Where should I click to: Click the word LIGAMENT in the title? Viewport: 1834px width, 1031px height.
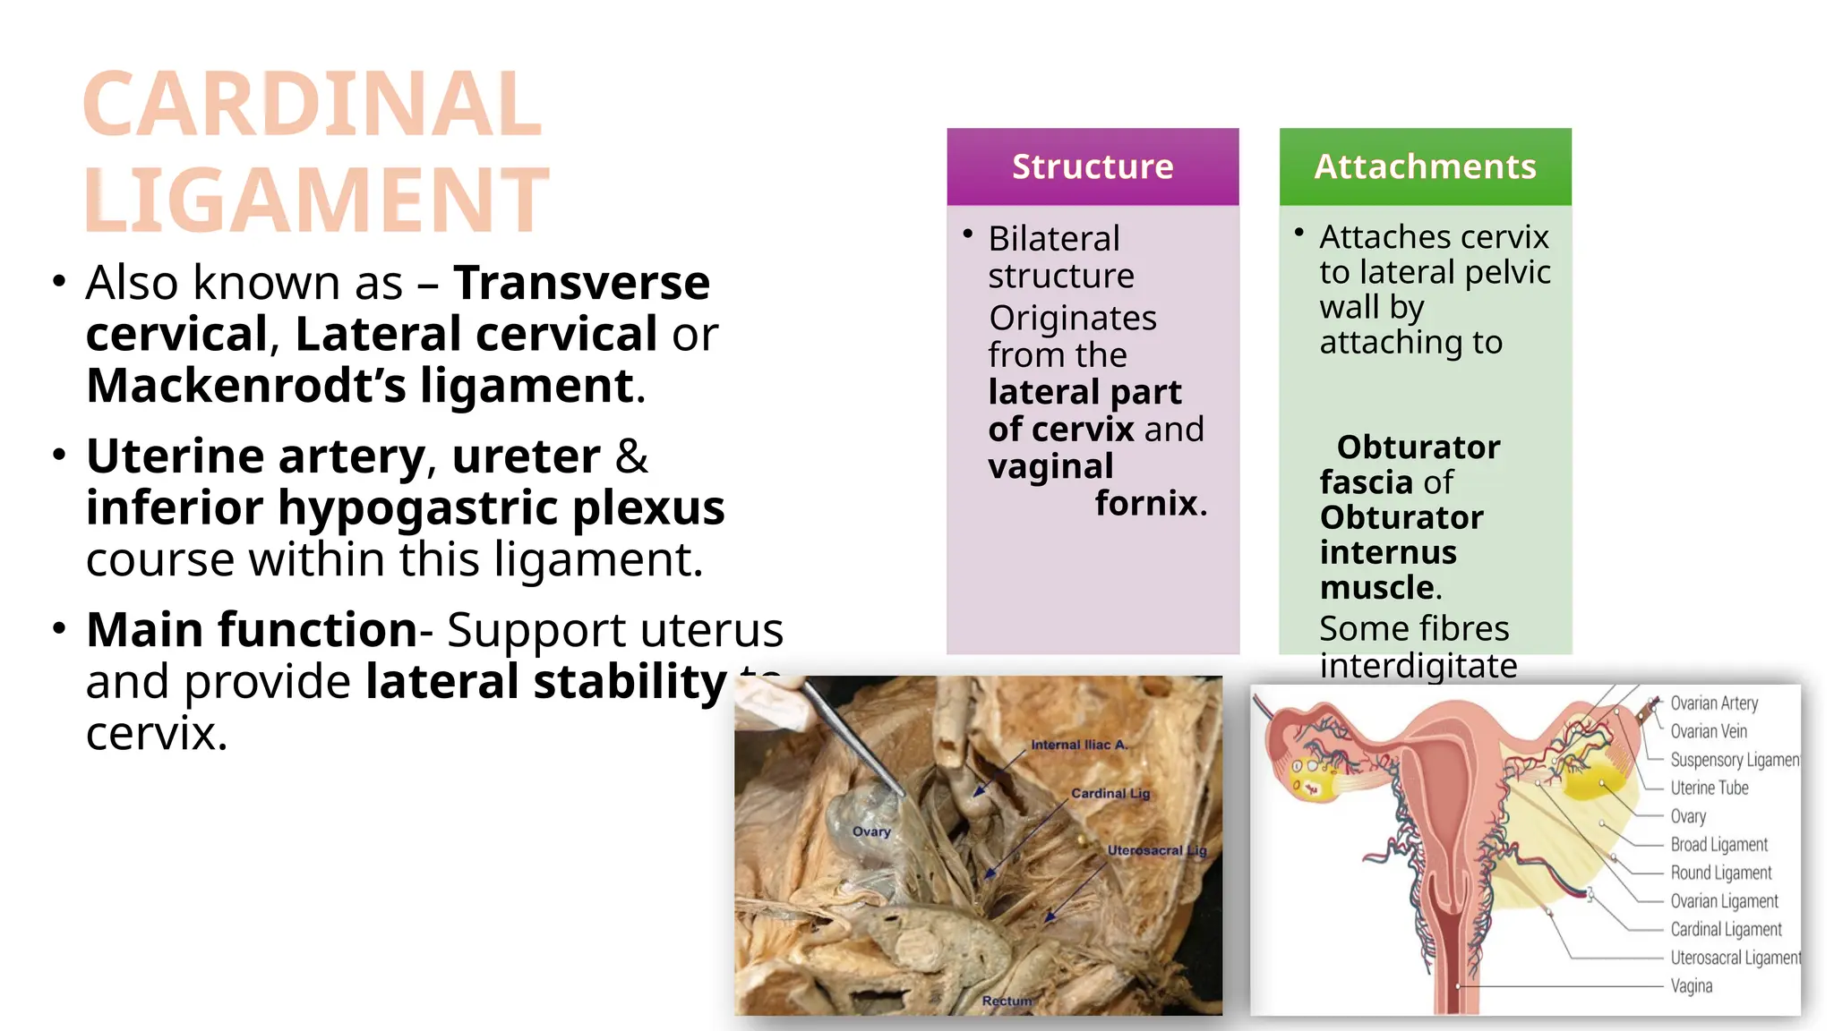click(316, 199)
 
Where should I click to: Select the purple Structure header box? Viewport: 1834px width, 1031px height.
click(1093, 166)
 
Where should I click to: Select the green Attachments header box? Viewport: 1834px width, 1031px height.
click(1425, 166)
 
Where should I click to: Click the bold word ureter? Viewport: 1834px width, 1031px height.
click(526, 456)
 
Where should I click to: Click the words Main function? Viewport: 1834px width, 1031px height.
click(252, 629)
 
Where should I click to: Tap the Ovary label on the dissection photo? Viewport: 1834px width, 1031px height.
click(871, 831)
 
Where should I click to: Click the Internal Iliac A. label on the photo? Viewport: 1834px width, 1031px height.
click(1079, 745)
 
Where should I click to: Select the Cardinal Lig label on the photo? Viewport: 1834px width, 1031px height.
click(1110, 793)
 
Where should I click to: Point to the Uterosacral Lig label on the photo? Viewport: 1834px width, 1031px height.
click(1157, 850)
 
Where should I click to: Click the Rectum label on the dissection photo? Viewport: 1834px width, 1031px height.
click(1007, 1001)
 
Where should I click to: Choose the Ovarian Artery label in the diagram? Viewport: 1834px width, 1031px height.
click(1714, 703)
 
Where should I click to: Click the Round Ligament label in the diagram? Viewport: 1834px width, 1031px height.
click(1720, 873)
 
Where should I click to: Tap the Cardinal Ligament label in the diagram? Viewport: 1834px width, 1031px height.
click(1726, 929)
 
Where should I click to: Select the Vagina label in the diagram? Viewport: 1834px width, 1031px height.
click(1691, 985)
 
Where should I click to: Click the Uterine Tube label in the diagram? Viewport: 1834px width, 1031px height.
click(1709, 788)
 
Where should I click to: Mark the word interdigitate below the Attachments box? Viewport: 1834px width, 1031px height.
click(1418, 666)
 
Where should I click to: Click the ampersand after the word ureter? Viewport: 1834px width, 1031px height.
click(631, 456)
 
